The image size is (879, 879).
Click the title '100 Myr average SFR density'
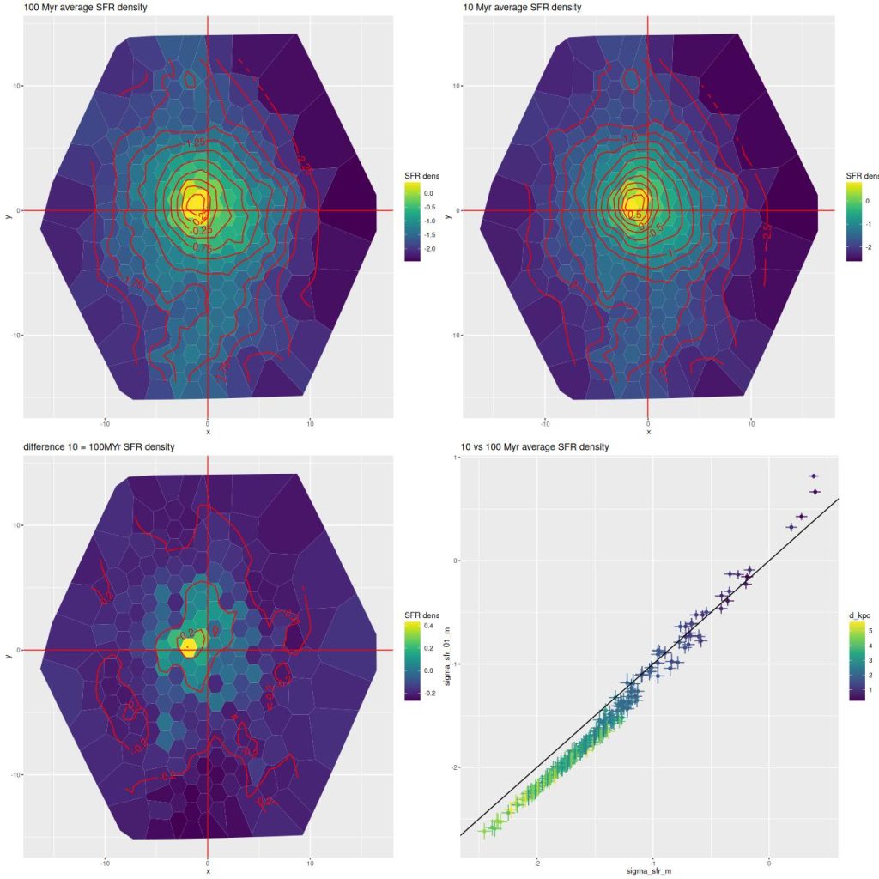click(x=73, y=8)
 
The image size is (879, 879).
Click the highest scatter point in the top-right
click(x=813, y=476)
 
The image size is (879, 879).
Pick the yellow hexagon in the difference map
click(x=189, y=648)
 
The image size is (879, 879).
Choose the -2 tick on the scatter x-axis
click(x=537, y=861)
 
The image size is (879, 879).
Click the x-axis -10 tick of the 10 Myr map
click(x=545, y=423)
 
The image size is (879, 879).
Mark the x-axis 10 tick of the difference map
click(x=310, y=862)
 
